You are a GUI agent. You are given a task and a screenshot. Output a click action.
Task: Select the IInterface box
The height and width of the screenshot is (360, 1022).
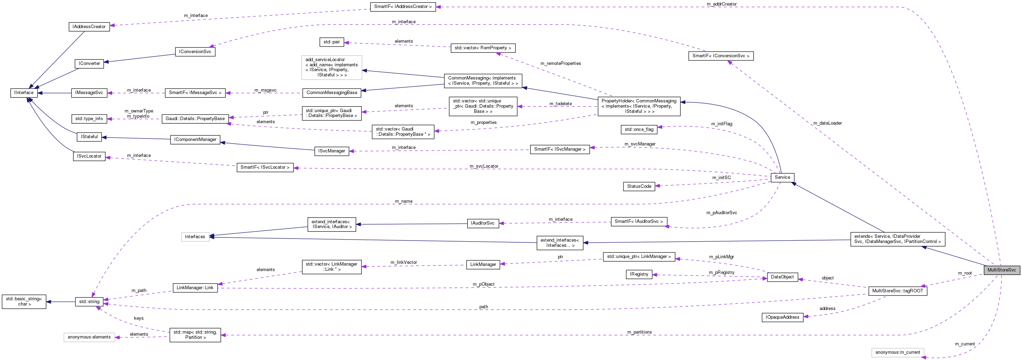coord(24,92)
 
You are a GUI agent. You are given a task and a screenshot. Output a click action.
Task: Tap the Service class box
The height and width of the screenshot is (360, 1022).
coord(782,177)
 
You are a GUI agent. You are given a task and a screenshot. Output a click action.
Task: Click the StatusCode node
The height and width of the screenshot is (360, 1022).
coord(639,186)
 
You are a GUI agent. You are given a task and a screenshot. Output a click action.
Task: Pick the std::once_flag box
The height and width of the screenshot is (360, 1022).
coord(639,129)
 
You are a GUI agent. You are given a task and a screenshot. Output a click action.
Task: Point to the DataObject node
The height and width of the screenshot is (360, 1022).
coord(782,277)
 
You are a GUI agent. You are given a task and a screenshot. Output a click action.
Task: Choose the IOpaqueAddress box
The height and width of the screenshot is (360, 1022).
coord(782,317)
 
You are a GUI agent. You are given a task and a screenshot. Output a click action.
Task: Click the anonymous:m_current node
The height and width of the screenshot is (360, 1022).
coord(897,352)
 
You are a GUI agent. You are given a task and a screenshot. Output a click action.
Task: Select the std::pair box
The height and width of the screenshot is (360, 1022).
coord(331,42)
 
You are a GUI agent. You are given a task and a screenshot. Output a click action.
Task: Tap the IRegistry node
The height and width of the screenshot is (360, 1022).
coord(639,274)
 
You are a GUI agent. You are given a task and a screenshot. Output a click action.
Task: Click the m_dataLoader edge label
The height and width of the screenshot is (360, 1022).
coord(827,123)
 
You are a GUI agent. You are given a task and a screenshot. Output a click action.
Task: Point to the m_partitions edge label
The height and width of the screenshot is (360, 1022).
coord(639,332)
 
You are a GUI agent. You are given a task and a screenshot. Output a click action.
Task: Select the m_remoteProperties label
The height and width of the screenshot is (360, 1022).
coord(560,64)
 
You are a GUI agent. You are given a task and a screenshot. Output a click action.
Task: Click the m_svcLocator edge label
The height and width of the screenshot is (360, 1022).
coord(484,166)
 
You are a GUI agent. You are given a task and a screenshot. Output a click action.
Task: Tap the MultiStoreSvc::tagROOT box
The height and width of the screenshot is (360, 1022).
coord(897,291)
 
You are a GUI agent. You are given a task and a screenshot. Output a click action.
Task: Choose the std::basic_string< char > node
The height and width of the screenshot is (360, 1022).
coord(24,301)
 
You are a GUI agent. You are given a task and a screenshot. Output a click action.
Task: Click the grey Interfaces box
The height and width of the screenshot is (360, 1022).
coord(195,236)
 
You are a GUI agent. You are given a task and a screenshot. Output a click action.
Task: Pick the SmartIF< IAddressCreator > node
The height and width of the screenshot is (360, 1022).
coord(403,7)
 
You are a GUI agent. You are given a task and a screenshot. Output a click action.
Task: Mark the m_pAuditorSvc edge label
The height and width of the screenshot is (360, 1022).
coord(721,213)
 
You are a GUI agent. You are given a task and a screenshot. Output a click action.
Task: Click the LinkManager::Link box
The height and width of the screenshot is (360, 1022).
coord(195,288)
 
